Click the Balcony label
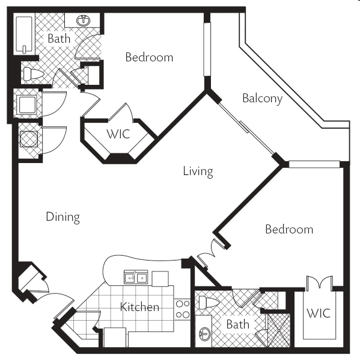click(263, 99)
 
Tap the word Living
click(198, 171)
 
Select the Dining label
click(63, 217)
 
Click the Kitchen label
click(139, 307)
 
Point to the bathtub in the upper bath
click(24, 34)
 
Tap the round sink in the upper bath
click(84, 20)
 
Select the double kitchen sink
click(136, 277)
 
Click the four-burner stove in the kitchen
click(183, 309)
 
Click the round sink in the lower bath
click(204, 334)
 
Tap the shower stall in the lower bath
click(279, 330)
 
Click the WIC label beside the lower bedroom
click(319, 313)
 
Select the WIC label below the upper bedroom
click(118, 134)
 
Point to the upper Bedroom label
click(149, 57)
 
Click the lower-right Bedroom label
click(289, 229)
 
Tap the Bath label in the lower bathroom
click(237, 324)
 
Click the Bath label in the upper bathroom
click(59, 39)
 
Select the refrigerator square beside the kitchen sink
click(160, 279)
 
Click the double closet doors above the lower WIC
click(319, 283)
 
